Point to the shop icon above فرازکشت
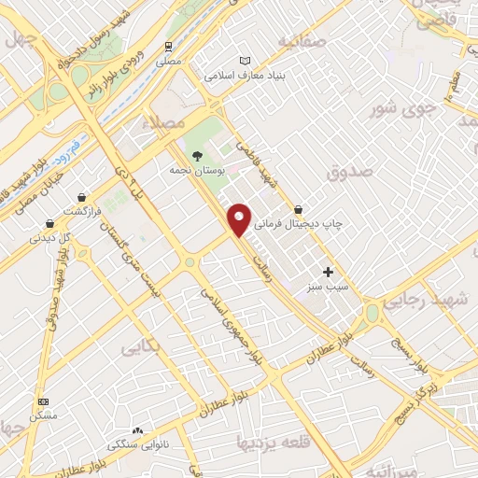coord(85,198)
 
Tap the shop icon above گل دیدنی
coord(49,224)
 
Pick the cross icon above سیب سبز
coord(328,272)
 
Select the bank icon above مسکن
coord(43,401)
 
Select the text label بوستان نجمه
coord(194,171)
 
